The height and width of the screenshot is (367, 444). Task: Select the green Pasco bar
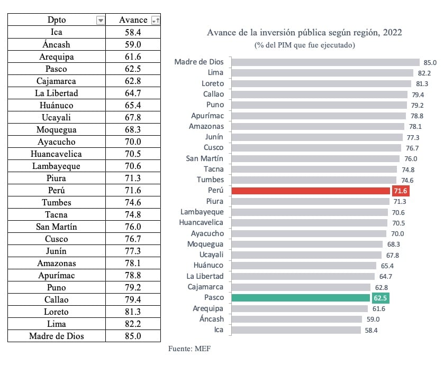click(x=301, y=298)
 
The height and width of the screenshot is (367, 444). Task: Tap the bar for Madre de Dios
click(x=325, y=62)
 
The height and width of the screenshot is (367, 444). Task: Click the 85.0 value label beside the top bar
click(x=429, y=62)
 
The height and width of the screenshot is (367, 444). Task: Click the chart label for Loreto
click(x=213, y=83)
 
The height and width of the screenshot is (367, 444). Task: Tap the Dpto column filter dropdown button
click(x=101, y=21)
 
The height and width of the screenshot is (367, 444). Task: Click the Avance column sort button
click(x=155, y=21)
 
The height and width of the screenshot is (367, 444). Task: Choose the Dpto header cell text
click(x=57, y=20)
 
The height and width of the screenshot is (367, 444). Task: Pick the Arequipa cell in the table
click(x=57, y=57)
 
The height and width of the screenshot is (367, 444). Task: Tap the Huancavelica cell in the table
click(x=57, y=154)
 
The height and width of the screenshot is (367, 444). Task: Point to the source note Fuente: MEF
click(x=189, y=349)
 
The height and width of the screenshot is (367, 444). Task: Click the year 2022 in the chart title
click(x=391, y=33)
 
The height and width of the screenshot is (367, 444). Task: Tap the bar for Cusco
click(x=316, y=148)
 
